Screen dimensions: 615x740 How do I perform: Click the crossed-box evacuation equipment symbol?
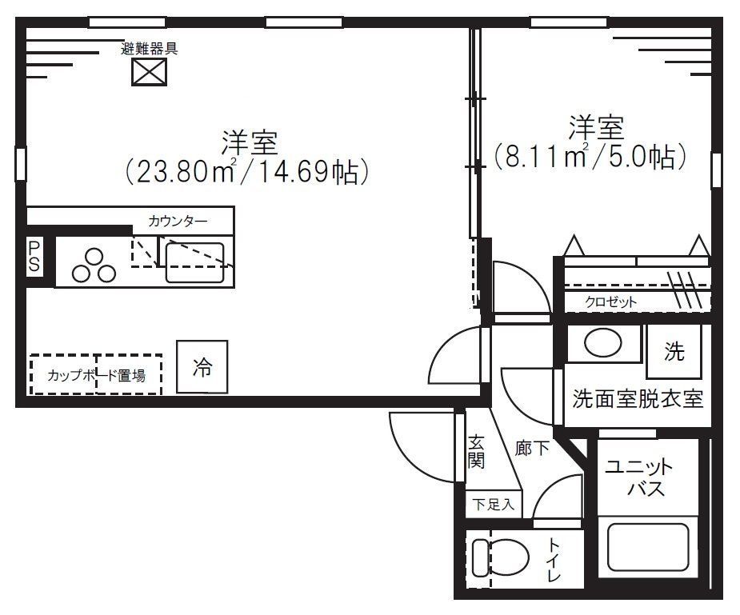149,73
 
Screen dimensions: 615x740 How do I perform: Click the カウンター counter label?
178,220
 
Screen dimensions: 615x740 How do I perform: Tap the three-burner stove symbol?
94,266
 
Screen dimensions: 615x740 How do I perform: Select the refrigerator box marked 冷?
202,367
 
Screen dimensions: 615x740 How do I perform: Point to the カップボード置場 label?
96,375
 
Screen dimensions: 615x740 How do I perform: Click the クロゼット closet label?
611,302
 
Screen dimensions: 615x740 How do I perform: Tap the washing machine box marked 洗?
674,352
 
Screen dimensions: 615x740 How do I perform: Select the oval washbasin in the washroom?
602,344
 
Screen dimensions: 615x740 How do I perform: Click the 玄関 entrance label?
476,452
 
